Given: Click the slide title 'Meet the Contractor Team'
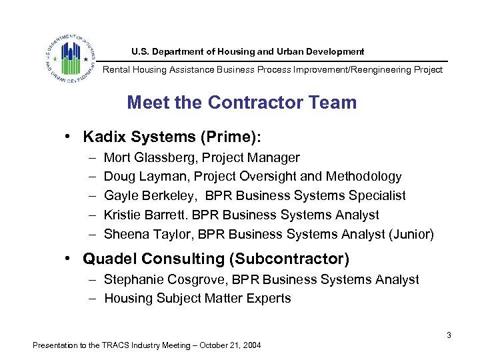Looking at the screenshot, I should pyautogui.click(x=241, y=103).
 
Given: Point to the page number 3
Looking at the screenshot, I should pyautogui.click(x=449, y=335).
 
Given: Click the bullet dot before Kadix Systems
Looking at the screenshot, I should pyautogui.click(x=69, y=137).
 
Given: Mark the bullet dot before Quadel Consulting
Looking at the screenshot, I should pyautogui.click(x=69, y=258).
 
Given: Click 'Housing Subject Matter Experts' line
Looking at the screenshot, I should pyautogui.click(x=197, y=298).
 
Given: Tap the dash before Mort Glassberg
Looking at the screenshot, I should pyautogui.click(x=90, y=158).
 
